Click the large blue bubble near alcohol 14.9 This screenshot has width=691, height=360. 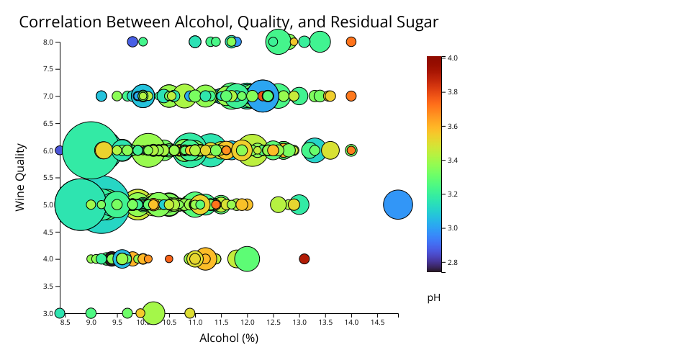coord(397,204)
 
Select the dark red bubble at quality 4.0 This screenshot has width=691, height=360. coord(304,258)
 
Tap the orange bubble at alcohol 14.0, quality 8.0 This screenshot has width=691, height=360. coord(351,42)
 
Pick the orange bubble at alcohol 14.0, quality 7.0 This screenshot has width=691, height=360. coord(351,96)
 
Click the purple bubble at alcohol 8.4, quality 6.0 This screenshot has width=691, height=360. coord(60,150)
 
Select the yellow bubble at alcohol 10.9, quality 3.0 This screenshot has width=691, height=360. coord(190,313)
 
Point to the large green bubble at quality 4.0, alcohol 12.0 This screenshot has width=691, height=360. coord(247,258)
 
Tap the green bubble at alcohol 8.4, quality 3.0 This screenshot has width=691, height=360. coord(60,313)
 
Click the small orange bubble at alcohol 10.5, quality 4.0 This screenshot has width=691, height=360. coord(169,258)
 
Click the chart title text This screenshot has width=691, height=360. coord(228,22)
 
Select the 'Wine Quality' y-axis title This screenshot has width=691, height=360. coord(20,177)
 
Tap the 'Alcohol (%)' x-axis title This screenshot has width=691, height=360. coord(229,338)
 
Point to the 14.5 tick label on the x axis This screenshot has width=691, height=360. coord(377,323)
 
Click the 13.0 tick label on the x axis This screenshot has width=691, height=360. coord(299,323)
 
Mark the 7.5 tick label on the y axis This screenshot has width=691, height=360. coord(48,69)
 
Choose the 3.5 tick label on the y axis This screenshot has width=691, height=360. coord(48,286)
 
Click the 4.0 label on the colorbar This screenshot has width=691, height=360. coord(453,58)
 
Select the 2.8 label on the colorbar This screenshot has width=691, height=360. coord(453,262)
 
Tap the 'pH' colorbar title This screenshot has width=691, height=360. coord(434,297)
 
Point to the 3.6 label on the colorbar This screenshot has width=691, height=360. coord(453,126)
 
